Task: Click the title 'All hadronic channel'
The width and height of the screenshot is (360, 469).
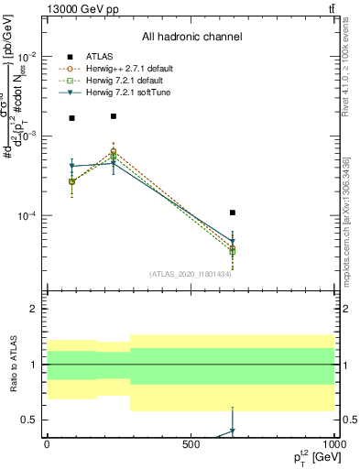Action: (191, 38)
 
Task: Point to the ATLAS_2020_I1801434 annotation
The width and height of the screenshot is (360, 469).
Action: (191, 273)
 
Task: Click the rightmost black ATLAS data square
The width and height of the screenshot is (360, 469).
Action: (233, 213)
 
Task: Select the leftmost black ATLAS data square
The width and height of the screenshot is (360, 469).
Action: (72, 118)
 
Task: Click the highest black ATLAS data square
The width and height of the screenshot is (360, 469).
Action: (113, 116)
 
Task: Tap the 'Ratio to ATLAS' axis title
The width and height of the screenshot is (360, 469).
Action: (11, 365)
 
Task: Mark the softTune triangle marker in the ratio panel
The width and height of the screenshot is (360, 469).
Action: (233, 431)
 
